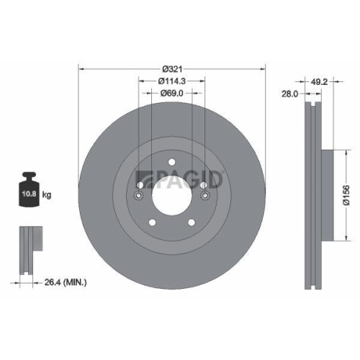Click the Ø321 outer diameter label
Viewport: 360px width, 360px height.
172,62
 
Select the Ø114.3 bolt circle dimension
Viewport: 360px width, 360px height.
172,81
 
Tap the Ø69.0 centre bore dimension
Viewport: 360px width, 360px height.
172,93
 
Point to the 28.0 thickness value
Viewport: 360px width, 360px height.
289,94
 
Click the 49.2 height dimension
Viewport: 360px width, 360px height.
320,81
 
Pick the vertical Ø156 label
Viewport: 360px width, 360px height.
346,194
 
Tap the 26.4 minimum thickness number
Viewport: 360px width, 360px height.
50,283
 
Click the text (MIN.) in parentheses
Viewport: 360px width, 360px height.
74,283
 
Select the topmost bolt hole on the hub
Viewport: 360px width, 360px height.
172,161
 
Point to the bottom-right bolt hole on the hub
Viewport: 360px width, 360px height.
190,222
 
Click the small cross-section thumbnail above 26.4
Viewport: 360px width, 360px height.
28,249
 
